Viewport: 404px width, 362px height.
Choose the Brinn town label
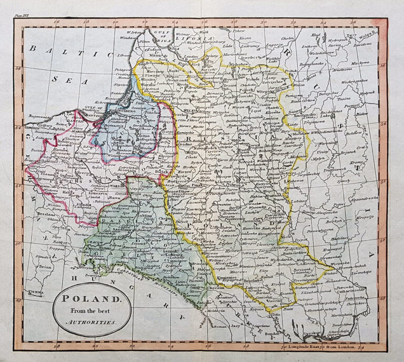pyautogui.click(x=45, y=267)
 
